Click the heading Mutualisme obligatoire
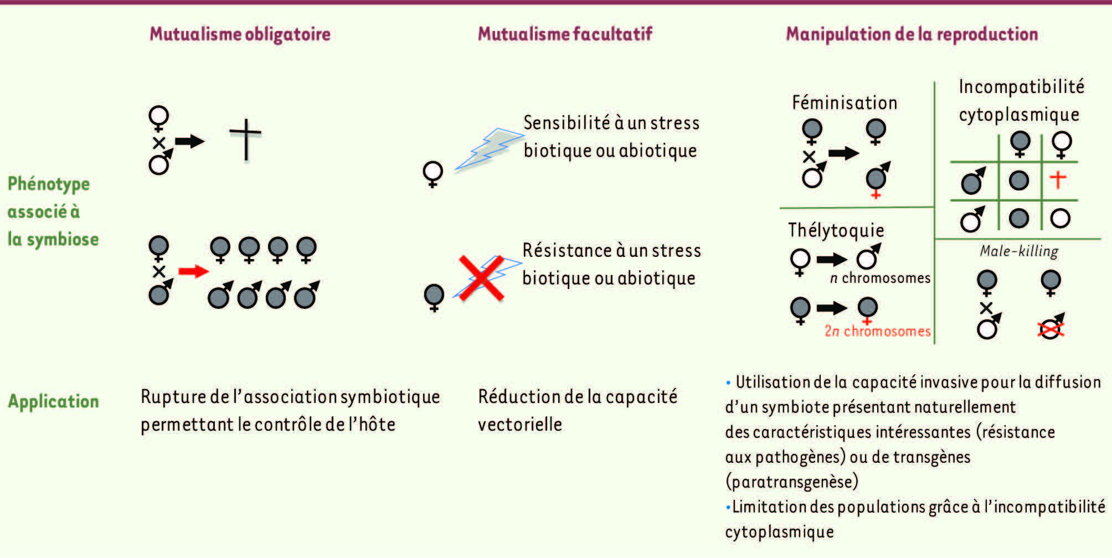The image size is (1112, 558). [x=240, y=34]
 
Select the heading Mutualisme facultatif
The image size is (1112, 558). [x=565, y=34]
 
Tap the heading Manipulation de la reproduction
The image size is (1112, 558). [x=912, y=34]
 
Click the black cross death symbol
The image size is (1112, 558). [x=245, y=140]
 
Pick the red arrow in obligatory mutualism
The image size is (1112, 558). [x=193, y=271]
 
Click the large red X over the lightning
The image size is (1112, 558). [x=481, y=278]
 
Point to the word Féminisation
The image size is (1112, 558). [x=845, y=103]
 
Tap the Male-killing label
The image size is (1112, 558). [x=1019, y=251]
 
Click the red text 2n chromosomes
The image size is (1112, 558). [x=878, y=331]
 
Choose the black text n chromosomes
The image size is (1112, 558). [x=880, y=278]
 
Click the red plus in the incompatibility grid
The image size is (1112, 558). [x=1058, y=179]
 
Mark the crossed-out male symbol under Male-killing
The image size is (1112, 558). [x=1051, y=327]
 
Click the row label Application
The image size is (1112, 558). [x=53, y=401]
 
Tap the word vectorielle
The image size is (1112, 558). [x=520, y=425]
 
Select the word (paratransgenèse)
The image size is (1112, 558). [x=792, y=482]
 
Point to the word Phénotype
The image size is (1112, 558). [x=49, y=184]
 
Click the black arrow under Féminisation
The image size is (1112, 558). [x=843, y=153]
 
